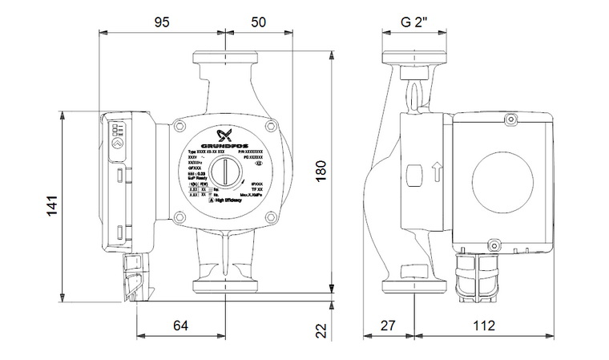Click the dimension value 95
162,22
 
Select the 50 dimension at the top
258,22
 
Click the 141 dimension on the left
50,206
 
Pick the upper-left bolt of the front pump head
179,127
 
